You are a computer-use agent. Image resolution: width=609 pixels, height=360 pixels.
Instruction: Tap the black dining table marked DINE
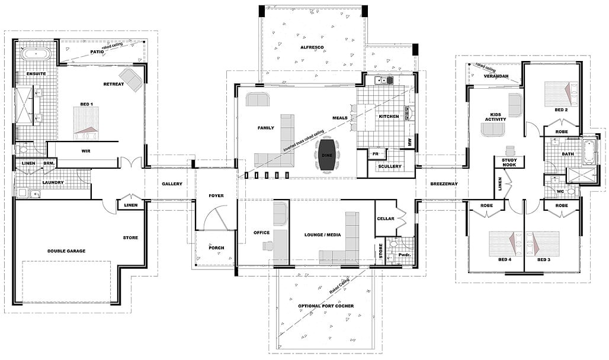328,154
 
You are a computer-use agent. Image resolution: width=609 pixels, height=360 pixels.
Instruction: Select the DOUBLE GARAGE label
66,251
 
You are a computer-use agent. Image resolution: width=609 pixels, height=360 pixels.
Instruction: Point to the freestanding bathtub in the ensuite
36,54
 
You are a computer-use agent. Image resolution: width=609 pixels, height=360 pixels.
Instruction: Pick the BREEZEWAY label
444,184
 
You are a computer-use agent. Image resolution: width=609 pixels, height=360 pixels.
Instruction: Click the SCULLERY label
389,166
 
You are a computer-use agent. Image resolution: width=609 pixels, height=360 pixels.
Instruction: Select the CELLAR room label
386,218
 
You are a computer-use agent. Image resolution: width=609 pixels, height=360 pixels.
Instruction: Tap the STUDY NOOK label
509,163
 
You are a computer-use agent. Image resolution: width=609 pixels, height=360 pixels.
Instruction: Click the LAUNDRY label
53,182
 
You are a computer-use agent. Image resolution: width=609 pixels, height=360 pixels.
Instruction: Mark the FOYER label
216,196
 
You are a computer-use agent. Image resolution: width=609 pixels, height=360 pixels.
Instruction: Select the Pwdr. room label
405,256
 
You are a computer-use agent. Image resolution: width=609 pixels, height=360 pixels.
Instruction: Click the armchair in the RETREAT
131,79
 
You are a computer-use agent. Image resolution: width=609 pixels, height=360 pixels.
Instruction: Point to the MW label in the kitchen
409,142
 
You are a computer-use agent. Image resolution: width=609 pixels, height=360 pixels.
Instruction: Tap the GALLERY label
172,184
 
